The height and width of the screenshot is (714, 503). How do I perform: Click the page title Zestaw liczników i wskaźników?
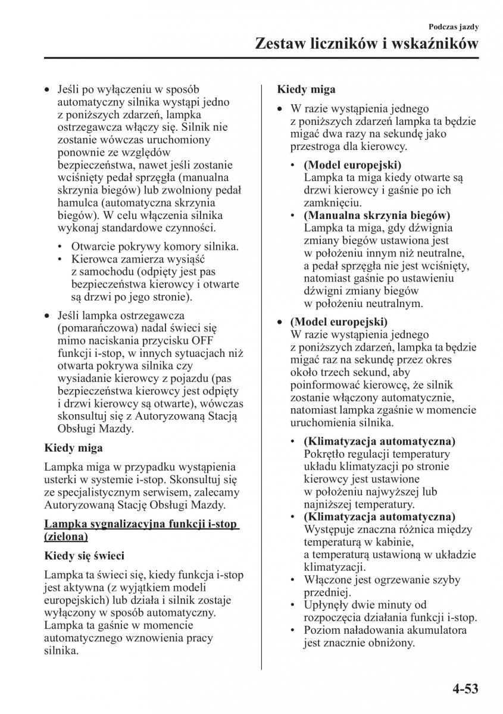tap(366, 43)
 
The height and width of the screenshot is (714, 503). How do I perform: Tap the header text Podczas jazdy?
tap(454, 27)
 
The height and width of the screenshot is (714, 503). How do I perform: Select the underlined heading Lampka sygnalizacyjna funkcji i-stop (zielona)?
tap(141, 531)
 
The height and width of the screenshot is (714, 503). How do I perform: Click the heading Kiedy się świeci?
tap(84, 556)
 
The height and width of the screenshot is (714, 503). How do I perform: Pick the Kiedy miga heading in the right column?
tap(306, 90)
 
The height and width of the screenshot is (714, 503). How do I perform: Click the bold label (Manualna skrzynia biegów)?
tap(377, 215)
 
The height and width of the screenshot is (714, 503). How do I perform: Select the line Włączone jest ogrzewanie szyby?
tap(382, 579)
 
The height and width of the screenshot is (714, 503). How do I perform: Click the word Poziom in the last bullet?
tap(321, 630)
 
